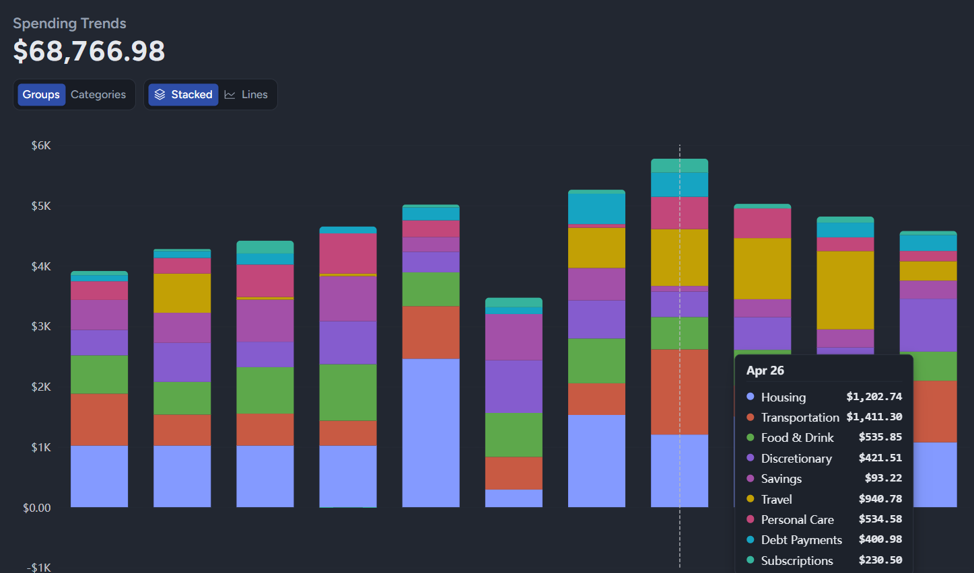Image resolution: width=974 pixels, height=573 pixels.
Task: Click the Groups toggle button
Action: coord(41,95)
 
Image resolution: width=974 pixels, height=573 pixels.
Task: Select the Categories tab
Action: coord(98,95)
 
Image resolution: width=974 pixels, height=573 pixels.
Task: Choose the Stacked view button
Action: coord(183,95)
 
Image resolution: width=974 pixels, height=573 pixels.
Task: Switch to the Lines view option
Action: coord(246,95)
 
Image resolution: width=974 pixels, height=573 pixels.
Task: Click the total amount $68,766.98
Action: coord(89,51)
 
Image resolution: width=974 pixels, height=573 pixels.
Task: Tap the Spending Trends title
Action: coord(69,24)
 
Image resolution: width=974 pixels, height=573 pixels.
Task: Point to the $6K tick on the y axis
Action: coord(41,145)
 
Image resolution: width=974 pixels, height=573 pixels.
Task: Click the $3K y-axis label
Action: coord(41,326)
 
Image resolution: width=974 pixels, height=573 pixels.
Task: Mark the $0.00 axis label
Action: coord(37,507)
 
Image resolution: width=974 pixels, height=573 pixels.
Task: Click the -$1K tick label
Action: coord(39,568)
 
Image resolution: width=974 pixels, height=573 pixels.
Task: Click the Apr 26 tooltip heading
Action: coord(765,371)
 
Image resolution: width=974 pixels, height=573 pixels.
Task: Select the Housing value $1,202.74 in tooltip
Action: coord(874,397)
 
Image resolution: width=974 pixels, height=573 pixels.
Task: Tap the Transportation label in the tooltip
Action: coord(800,418)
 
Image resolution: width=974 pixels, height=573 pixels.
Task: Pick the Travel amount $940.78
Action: coord(880,499)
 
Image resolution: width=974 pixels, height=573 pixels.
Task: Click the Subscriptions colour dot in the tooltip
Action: coord(750,560)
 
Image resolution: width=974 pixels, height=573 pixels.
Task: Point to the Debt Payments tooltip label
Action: coord(802,540)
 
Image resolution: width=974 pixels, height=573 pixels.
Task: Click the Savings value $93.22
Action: coord(884,478)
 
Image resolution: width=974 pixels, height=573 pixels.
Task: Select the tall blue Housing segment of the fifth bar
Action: coord(431,432)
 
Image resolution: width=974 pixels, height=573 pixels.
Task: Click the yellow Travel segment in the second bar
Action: coord(182,293)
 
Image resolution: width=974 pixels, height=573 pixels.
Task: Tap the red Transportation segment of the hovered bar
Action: coord(680,392)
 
